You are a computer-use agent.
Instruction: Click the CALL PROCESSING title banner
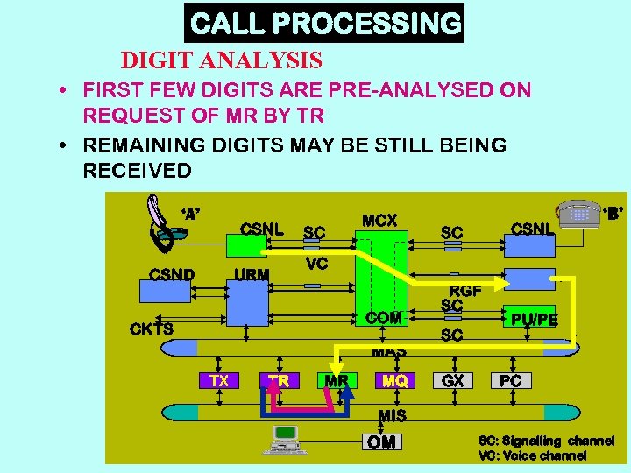point(324,23)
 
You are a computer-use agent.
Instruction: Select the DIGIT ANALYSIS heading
point(222,60)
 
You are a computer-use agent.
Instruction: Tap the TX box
point(219,381)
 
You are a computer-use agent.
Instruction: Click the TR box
point(279,381)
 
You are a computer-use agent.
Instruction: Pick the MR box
point(337,381)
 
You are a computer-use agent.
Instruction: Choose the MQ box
point(393,381)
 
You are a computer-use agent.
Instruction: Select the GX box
point(453,381)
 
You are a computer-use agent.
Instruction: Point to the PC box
point(511,381)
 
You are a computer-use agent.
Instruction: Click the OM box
point(381,442)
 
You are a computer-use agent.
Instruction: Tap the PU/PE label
point(535,320)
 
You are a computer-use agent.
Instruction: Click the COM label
point(384,318)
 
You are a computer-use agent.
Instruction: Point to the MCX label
point(379,221)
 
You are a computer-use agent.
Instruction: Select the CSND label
point(172,274)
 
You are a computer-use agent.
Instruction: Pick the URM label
point(252,275)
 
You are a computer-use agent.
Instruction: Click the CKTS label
point(151,329)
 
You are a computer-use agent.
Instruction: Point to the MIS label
point(392,414)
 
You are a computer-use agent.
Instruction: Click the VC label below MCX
point(316,263)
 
